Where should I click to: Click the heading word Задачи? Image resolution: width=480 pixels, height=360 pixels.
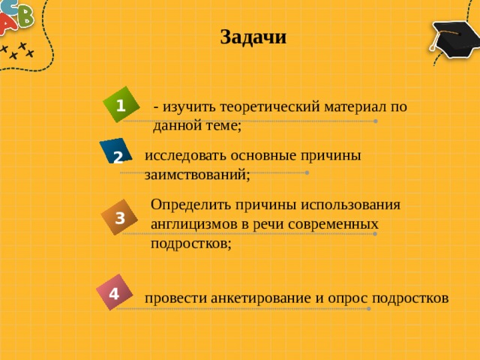253,37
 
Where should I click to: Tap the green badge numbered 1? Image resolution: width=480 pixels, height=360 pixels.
121,104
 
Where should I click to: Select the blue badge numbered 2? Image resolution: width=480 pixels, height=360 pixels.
116,154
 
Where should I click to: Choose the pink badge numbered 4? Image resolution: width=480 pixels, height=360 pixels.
113,292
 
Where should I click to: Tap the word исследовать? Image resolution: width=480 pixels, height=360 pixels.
182,155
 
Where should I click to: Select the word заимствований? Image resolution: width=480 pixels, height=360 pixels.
195,174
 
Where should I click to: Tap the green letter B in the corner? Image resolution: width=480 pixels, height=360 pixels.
25,16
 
